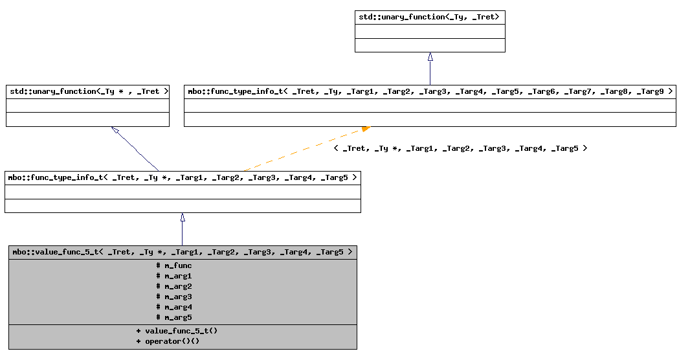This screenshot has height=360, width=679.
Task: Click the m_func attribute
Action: pyautogui.click(x=174, y=265)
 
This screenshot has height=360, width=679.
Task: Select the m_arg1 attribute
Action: pyautogui.click(x=174, y=276)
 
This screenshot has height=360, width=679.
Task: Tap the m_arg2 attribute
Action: pyautogui.click(x=174, y=286)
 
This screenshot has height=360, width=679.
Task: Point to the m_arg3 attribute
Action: pyautogui.click(x=174, y=297)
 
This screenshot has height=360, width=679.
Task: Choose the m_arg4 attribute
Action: pyautogui.click(x=174, y=307)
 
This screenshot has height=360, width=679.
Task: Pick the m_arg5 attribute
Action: pyautogui.click(x=174, y=317)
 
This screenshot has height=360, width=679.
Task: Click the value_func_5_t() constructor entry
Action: pyautogui.click(x=177, y=331)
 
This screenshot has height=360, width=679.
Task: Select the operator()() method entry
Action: pyautogui.click(x=168, y=341)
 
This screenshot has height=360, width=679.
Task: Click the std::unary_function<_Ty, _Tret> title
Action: pyautogui.click(x=429, y=17)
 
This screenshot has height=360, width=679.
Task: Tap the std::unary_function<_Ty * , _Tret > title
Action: pyautogui.click(x=87, y=91)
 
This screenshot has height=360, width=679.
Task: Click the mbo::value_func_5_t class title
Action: pyautogui.click(x=183, y=252)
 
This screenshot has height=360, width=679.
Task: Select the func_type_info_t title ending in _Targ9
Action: pyautogui.click(x=430, y=91)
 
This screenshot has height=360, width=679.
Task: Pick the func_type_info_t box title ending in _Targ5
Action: pyautogui.click(x=183, y=177)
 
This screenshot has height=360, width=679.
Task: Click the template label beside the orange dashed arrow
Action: pyautogui.click(x=460, y=148)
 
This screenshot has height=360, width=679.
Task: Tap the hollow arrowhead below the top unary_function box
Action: pyautogui.click(x=430, y=56)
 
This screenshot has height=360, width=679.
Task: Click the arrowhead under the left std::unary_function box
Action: pyautogui.click(x=115, y=130)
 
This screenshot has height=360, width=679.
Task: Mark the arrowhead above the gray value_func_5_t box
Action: pyautogui.click(x=183, y=218)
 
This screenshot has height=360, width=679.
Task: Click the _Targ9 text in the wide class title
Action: pyautogui.click(x=650, y=91)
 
